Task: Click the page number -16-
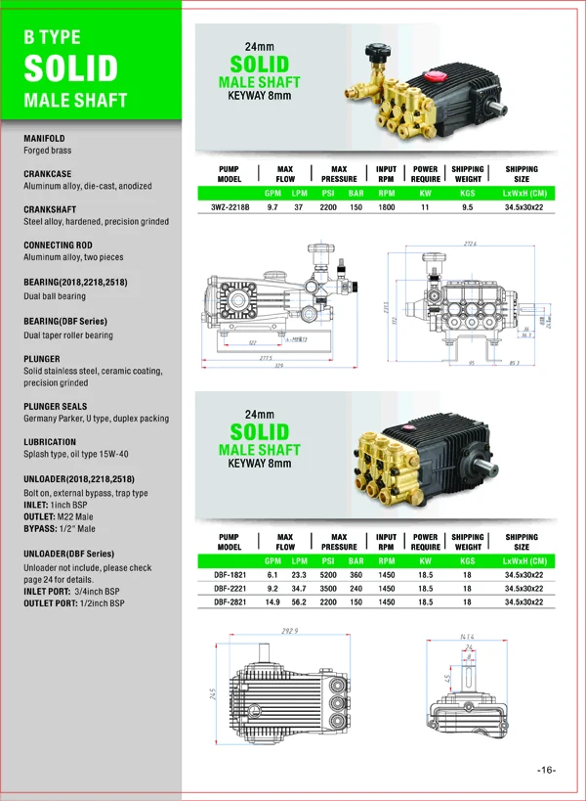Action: pyautogui.click(x=546, y=770)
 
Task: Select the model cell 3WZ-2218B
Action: pyautogui.click(x=230, y=207)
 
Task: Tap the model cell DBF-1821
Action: pyautogui.click(x=230, y=575)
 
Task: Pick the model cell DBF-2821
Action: pyautogui.click(x=230, y=603)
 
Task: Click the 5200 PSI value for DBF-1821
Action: pyautogui.click(x=328, y=575)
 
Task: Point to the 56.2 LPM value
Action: pyautogui.click(x=299, y=603)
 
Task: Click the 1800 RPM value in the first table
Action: pyautogui.click(x=387, y=207)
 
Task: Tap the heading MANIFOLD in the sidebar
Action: pyautogui.click(x=44, y=139)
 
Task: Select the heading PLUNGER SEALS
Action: pyautogui.click(x=56, y=406)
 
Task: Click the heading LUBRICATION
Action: pyautogui.click(x=50, y=442)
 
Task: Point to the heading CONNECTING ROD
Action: pyautogui.click(x=61, y=245)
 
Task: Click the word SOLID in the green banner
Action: pyautogui.click(x=70, y=68)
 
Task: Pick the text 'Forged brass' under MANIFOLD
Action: pyautogui.click(x=48, y=151)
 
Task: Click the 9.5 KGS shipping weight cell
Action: pyautogui.click(x=467, y=207)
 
